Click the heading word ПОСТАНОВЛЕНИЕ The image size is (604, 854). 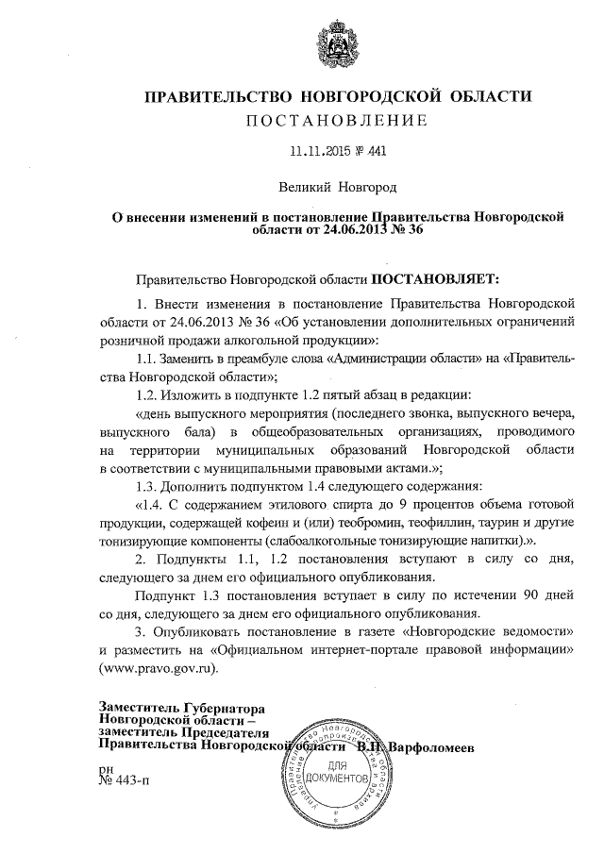click(338, 120)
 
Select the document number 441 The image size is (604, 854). click(377, 150)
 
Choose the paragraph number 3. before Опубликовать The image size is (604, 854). click(143, 631)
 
